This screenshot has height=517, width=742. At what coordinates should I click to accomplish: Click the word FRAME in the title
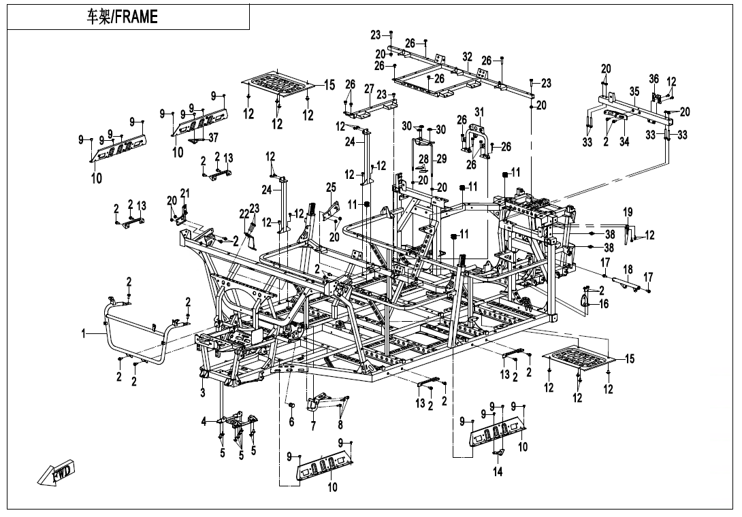point(136,17)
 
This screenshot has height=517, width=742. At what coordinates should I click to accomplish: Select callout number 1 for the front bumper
point(84,334)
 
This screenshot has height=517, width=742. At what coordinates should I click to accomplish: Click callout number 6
point(291,422)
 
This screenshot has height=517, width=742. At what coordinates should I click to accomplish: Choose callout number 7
point(313,426)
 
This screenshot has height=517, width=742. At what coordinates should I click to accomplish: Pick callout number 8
point(340,424)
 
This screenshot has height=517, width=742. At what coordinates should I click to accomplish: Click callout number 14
point(498,471)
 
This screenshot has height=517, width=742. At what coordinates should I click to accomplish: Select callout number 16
point(604,303)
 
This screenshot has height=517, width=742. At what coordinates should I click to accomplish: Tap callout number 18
point(628,269)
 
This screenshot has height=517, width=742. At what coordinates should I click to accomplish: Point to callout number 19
point(628,212)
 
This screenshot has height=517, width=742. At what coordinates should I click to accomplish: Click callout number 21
point(185,193)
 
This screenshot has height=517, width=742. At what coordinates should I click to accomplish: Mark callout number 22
point(244,214)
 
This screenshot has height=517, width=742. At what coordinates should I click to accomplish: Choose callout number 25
point(331,187)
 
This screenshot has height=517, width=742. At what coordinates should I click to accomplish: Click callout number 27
point(369,89)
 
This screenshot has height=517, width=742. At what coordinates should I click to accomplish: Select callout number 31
point(479,112)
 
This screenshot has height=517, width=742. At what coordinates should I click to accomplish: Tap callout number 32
point(468,56)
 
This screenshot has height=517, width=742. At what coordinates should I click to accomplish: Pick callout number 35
point(634,91)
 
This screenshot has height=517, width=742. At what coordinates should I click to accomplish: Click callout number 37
point(214,137)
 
